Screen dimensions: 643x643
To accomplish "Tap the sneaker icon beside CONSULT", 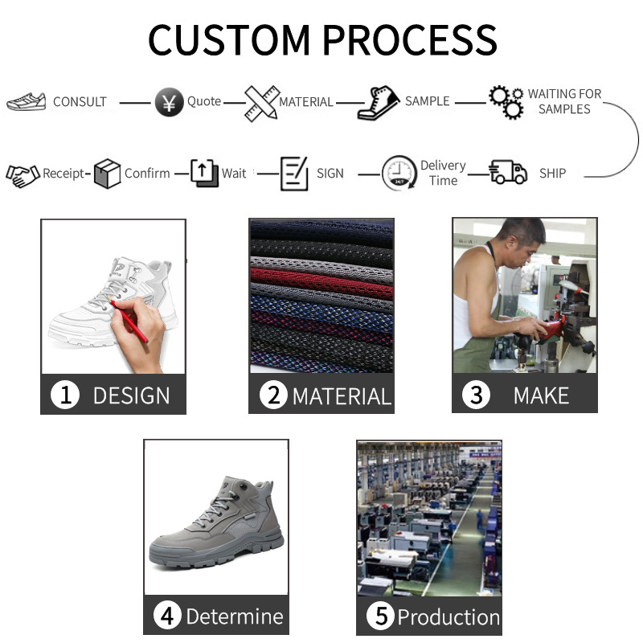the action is (x=27, y=102).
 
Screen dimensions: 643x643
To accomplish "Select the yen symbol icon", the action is (x=168, y=103).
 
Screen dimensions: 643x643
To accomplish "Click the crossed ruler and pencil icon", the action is (x=261, y=102).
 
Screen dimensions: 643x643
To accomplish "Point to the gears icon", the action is (x=506, y=101).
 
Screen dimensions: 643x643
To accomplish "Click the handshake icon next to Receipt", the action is (x=23, y=174).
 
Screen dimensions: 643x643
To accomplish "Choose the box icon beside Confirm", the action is (x=107, y=173).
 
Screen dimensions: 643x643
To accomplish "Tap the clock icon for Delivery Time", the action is (x=399, y=173).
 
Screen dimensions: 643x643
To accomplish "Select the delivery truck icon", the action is (x=508, y=172).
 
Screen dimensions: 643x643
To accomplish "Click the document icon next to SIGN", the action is (x=294, y=173).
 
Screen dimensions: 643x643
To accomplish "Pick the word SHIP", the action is (x=552, y=173).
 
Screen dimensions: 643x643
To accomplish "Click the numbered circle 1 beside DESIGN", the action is (x=65, y=395).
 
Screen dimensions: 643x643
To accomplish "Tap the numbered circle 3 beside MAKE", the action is (x=477, y=395).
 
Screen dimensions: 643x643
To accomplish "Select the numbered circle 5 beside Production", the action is (x=381, y=617).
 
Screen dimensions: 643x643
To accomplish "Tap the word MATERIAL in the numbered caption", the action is (x=341, y=396).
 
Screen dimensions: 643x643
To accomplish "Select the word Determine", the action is (x=234, y=617).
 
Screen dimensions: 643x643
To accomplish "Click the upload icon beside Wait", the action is (x=204, y=173).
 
